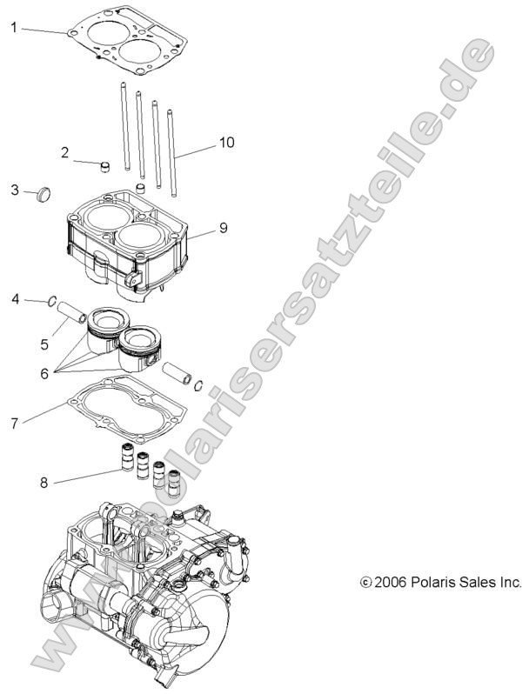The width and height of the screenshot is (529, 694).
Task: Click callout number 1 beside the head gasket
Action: point(14,28)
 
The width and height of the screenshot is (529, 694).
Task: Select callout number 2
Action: point(64,153)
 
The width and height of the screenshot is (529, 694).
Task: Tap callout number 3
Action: point(15,190)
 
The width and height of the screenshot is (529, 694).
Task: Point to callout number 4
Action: point(15,300)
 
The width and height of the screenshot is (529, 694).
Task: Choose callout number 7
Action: point(14,424)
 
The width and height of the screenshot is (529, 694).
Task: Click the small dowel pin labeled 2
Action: point(105,166)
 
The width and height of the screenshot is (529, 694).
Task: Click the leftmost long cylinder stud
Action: point(124,127)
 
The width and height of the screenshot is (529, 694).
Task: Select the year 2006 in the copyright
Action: point(388,582)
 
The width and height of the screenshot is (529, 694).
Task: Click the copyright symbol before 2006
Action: point(366,582)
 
